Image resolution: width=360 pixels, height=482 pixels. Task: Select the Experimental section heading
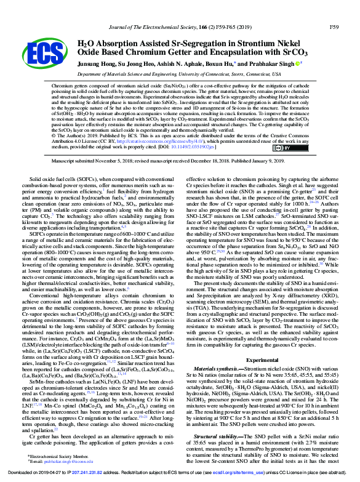[x=262, y=359]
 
